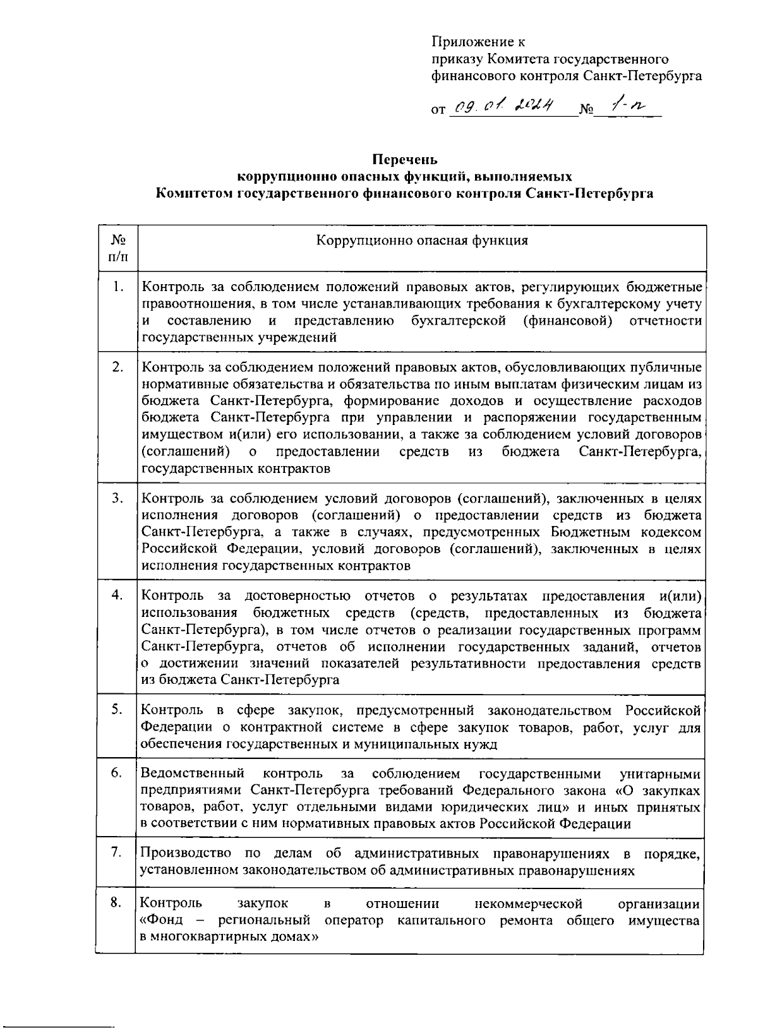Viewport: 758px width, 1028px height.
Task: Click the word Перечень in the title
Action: [404, 160]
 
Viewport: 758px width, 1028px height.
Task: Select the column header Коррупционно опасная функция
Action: [421, 241]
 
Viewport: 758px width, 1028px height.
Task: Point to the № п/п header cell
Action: [117, 248]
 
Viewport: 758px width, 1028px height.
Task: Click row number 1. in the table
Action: [117, 288]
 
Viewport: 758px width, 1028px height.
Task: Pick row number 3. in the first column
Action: [117, 498]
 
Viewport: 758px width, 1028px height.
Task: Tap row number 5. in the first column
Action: [117, 710]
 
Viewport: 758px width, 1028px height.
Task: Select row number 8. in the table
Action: [117, 903]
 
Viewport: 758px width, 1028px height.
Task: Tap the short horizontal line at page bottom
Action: [57, 1021]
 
